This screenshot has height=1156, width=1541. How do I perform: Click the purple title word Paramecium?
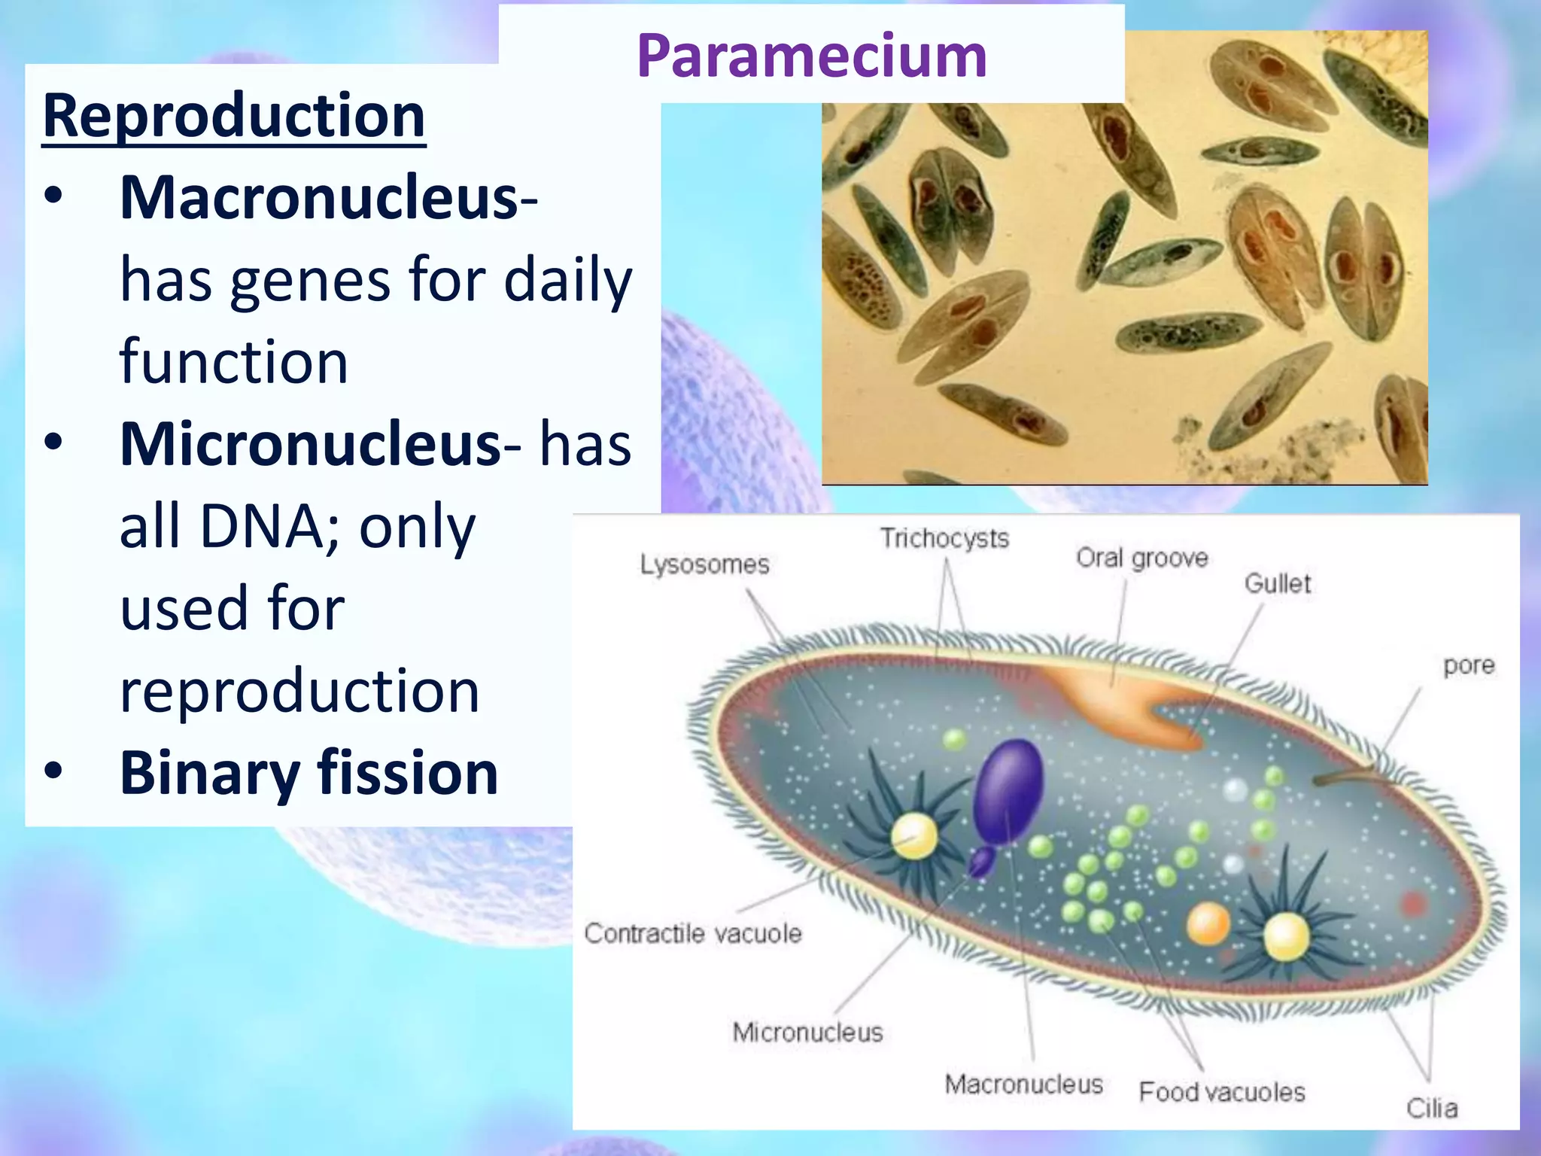pos(811,56)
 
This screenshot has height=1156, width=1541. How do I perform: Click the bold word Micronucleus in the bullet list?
pos(310,443)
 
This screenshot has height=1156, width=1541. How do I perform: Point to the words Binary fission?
pos(309,773)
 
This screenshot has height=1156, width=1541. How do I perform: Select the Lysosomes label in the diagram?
pos(704,564)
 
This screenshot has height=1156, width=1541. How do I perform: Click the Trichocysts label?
pos(944,538)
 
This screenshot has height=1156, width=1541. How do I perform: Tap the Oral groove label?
pos(1141,558)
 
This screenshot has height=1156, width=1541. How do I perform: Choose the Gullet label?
pos(1277,583)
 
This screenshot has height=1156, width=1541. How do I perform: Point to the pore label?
pos(1468,666)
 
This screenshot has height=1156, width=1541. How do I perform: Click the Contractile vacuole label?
pos(693,933)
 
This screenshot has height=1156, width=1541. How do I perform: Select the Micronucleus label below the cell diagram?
pos(807,1032)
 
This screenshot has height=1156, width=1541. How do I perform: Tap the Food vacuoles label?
pos(1221,1091)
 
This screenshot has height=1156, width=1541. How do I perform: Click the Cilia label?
pos(1431,1108)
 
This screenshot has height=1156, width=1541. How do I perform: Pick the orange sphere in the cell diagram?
pos(1208,923)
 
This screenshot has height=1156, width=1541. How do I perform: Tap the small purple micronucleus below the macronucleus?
pos(980,862)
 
